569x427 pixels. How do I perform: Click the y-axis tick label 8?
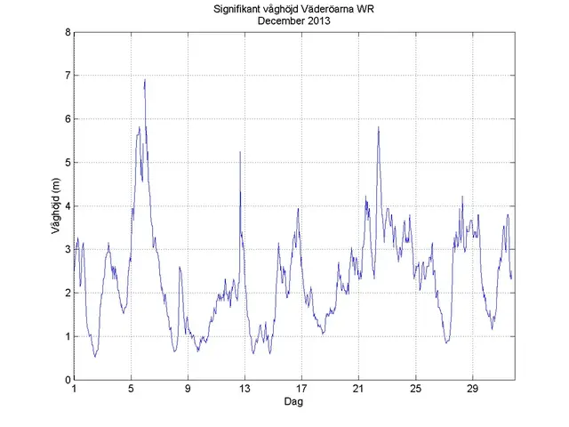click(x=67, y=32)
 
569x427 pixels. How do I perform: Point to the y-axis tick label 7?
click(x=67, y=76)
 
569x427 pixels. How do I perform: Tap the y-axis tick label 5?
click(x=67, y=163)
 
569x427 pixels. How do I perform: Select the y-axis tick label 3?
click(x=67, y=250)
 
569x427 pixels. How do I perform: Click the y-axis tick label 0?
click(x=67, y=380)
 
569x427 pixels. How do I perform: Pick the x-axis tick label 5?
click(x=131, y=390)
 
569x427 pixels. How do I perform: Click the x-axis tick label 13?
click(x=244, y=390)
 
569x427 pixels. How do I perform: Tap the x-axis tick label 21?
click(x=358, y=390)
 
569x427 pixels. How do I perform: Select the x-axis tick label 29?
click(x=472, y=390)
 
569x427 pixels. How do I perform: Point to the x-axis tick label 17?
click(x=301, y=390)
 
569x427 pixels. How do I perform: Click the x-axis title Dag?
click(x=294, y=403)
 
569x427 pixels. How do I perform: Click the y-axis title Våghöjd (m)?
click(x=57, y=206)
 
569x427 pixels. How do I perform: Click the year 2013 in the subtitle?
click(x=317, y=20)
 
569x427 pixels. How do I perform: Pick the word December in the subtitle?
click(x=280, y=20)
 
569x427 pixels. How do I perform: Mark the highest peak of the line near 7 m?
click(x=144, y=80)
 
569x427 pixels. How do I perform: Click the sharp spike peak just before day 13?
click(x=240, y=152)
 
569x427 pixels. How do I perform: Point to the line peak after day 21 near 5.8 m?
click(x=378, y=126)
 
